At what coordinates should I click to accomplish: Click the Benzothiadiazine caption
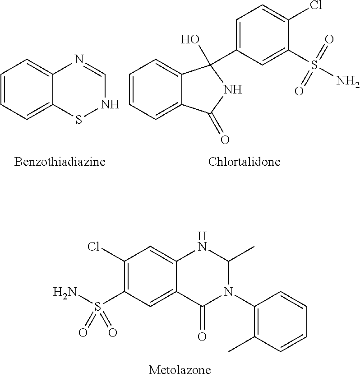tap(60, 162)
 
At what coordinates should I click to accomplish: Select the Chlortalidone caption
tap(245, 162)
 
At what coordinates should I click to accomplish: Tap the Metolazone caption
tap(180, 369)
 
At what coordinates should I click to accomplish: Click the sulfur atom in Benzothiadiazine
tap(79, 119)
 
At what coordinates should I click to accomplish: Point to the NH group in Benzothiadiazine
tap(110, 104)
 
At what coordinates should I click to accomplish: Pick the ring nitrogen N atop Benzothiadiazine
tap(79, 59)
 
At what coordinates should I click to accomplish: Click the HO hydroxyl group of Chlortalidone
tap(190, 39)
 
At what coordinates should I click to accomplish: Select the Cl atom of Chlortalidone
tap(316, 5)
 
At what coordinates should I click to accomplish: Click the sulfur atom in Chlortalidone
tap(315, 65)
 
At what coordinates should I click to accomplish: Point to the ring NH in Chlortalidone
tap(233, 90)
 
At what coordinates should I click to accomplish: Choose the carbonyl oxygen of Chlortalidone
tap(225, 140)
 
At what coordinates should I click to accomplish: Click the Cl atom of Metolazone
tap(93, 247)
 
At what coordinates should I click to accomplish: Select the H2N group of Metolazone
tap(65, 292)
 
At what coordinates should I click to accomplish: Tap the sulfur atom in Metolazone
tap(97, 307)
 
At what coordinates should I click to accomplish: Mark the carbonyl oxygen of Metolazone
tap(202, 336)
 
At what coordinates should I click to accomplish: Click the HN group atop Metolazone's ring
tap(202, 242)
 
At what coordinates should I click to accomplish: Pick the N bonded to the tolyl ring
tap(229, 292)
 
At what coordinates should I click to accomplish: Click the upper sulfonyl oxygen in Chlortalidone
tap(329, 39)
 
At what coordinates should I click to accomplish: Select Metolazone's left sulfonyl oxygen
tap(83, 333)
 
